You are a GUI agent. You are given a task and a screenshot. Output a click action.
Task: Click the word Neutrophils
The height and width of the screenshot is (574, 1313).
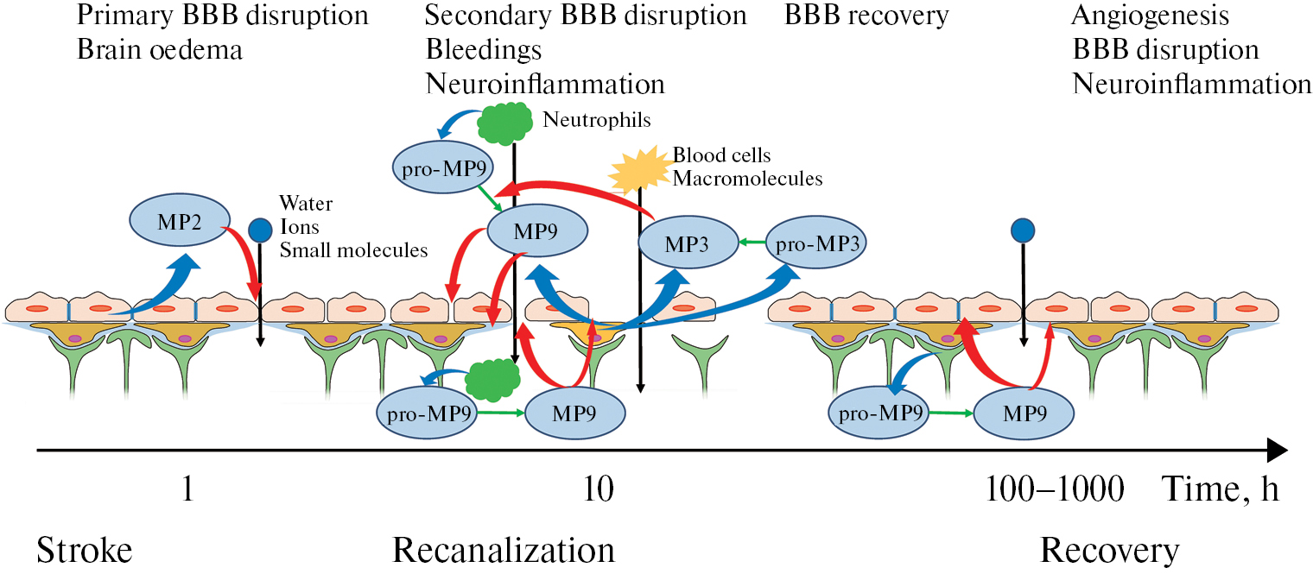[597, 120]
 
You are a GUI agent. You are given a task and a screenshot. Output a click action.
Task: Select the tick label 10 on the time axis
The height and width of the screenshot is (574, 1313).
[598, 490]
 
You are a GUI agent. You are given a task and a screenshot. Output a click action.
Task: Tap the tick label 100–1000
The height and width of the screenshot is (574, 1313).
[1055, 490]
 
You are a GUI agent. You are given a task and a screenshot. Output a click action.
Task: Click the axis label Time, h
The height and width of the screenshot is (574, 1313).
[1220, 490]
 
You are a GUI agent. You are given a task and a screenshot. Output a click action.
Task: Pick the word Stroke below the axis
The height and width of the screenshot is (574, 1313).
[84, 550]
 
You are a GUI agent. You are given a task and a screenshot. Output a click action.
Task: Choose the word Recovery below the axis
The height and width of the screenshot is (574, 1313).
[1109, 550]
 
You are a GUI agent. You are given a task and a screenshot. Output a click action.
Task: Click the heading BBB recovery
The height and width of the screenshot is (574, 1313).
[866, 16]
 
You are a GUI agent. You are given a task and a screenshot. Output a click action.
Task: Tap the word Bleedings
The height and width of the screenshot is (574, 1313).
[484, 50]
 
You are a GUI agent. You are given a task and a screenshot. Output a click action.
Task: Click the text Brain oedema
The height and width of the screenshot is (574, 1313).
[160, 50]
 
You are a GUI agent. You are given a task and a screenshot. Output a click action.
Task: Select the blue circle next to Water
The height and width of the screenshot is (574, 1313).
[259, 230]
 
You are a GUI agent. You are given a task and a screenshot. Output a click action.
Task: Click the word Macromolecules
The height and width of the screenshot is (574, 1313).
[748, 180]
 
